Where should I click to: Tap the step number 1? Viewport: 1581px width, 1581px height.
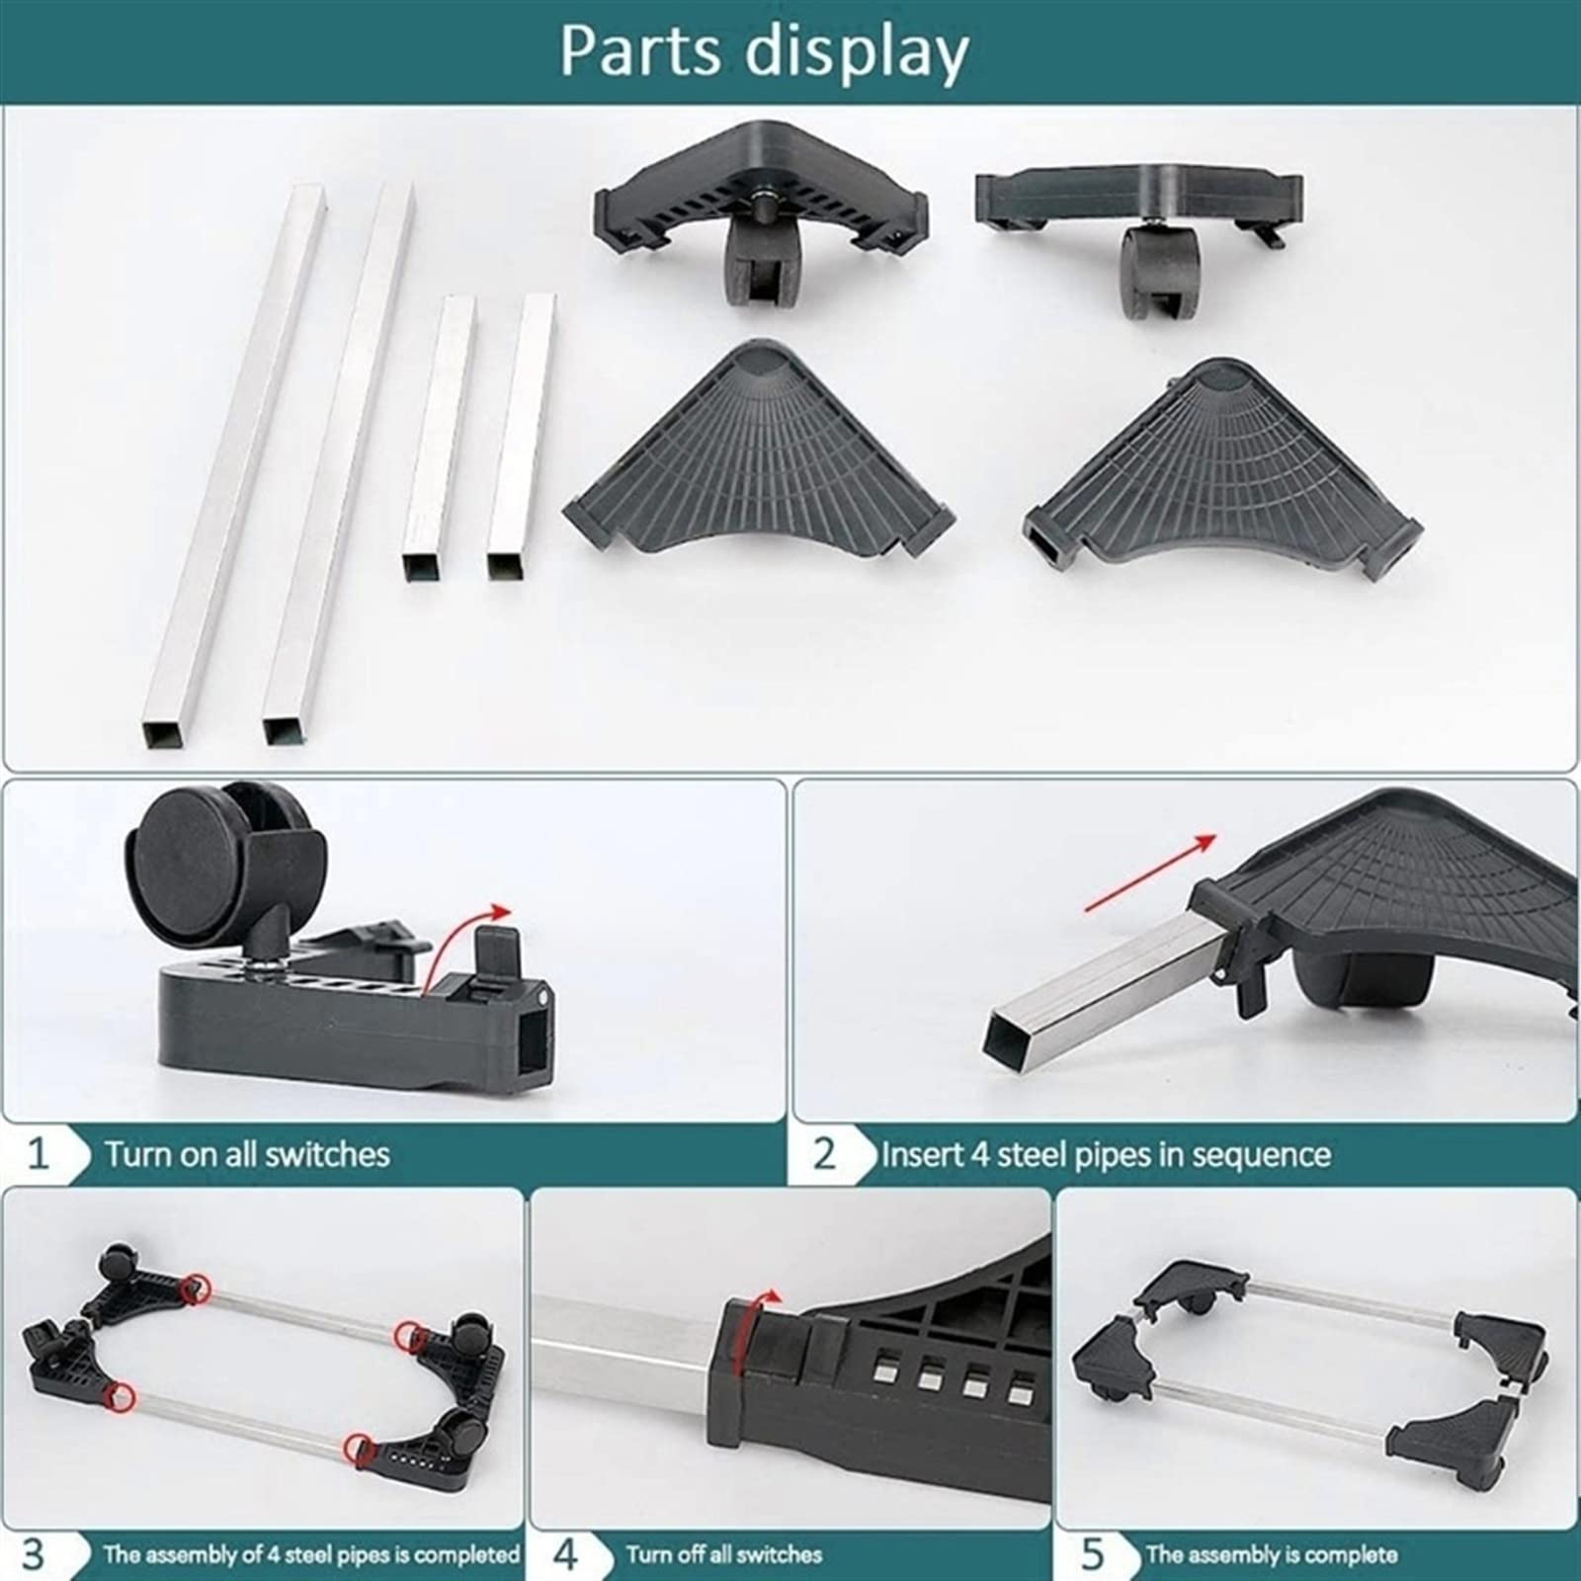point(38,1153)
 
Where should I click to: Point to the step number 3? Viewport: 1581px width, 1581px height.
point(34,1554)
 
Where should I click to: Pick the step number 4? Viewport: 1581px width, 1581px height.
point(565,1554)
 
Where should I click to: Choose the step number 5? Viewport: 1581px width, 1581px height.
point(1092,1554)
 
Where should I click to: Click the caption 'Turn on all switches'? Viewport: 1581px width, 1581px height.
point(247,1153)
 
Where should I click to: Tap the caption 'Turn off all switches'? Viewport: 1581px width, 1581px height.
point(724,1554)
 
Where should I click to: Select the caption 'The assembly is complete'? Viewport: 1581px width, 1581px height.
point(1272,1554)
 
